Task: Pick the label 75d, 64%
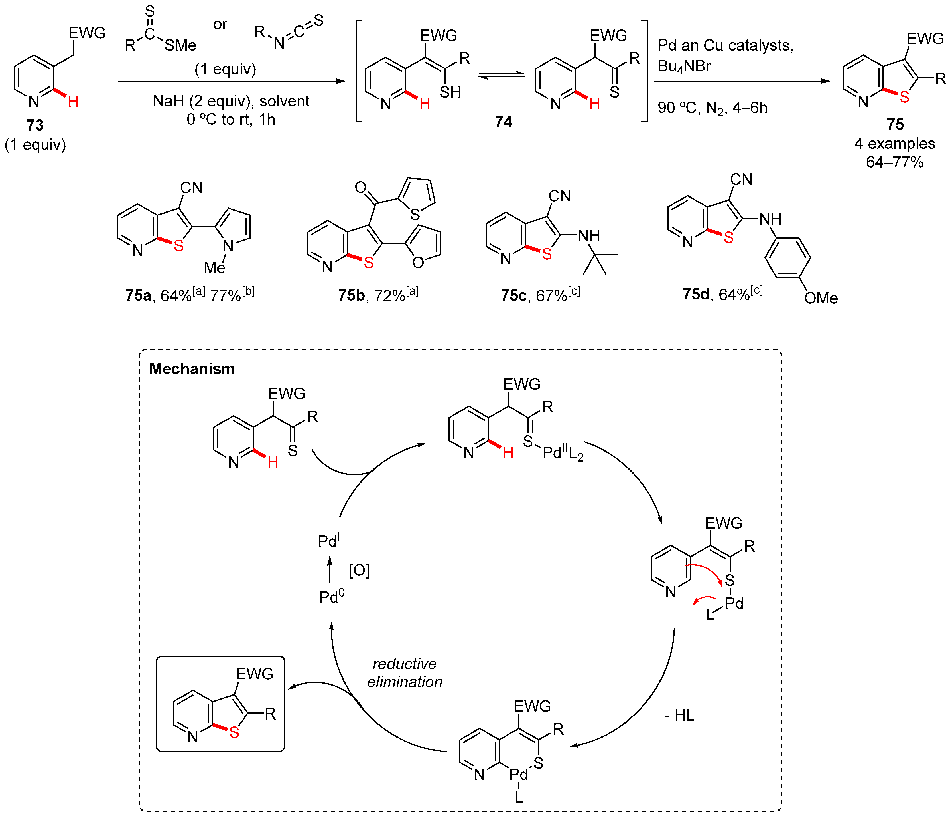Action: (x=722, y=294)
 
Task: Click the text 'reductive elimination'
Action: (x=404, y=673)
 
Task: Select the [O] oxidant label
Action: (x=359, y=571)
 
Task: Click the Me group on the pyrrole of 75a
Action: (x=214, y=267)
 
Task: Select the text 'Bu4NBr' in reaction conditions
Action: (x=684, y=67)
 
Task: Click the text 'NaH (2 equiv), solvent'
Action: (x=231, y=101)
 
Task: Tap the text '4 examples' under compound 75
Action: (x=894, y=144)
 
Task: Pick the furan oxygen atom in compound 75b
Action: (x=418, y=263)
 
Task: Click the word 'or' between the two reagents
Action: (x=220, y=24)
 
